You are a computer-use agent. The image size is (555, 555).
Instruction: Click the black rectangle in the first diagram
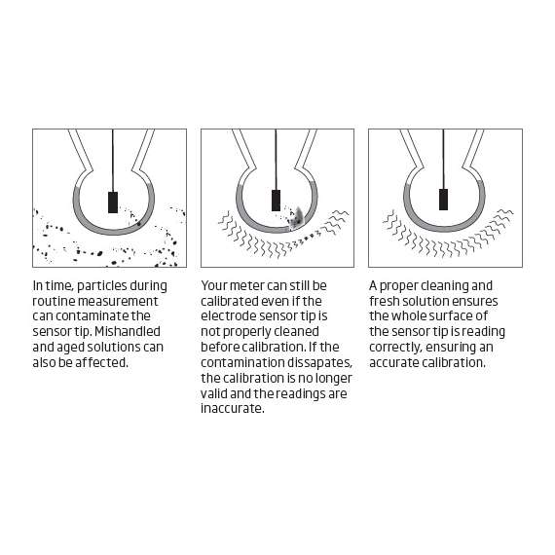[x=113, y=203]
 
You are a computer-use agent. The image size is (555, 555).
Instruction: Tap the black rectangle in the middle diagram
[x=277, y=201]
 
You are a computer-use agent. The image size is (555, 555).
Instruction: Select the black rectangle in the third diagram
[x=443, y=200]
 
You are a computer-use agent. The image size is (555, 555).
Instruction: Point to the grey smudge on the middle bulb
[x=297, y=218]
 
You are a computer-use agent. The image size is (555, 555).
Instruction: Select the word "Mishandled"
[x=128, y=332]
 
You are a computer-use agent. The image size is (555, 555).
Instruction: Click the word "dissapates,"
[x=319, y=362]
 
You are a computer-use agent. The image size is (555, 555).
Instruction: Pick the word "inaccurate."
[x=233, y=409]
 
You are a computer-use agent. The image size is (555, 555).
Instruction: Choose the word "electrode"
[x=228, y=316]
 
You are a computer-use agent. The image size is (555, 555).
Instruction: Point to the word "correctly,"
[x=395, y=348]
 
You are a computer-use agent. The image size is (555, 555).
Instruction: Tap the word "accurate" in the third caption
[x=394, y=362]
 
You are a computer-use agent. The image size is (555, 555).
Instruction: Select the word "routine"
[x=54, y=301]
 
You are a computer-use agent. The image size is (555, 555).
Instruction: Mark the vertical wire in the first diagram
[x=113, y=161]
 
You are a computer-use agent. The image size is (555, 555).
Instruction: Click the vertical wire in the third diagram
[x=443, y=159]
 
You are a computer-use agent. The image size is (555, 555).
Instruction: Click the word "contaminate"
[x=92, y=316]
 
